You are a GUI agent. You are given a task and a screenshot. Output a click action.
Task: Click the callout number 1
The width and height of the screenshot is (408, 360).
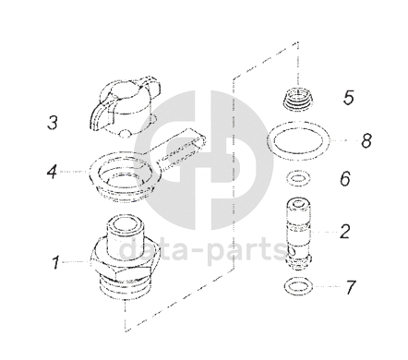55,262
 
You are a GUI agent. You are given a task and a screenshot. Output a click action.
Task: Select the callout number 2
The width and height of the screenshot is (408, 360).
345,231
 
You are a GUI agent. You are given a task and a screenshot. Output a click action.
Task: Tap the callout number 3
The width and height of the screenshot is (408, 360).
53,122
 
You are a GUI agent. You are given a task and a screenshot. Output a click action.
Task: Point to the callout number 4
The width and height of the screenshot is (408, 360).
52,171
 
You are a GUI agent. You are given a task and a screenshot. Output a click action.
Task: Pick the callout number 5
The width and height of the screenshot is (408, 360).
349,97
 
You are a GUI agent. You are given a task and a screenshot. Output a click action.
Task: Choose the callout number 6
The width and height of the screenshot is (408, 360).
345,178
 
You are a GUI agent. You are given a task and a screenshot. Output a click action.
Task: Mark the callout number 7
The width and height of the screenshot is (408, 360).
351,287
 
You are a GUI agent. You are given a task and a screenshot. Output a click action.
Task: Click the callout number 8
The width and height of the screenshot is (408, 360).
366,141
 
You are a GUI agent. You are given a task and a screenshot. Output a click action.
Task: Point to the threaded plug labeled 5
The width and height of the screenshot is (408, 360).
296,98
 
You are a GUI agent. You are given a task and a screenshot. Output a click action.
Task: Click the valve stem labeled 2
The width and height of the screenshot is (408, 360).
298,234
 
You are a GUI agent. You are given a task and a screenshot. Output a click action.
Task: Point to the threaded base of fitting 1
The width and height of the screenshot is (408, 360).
126,289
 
